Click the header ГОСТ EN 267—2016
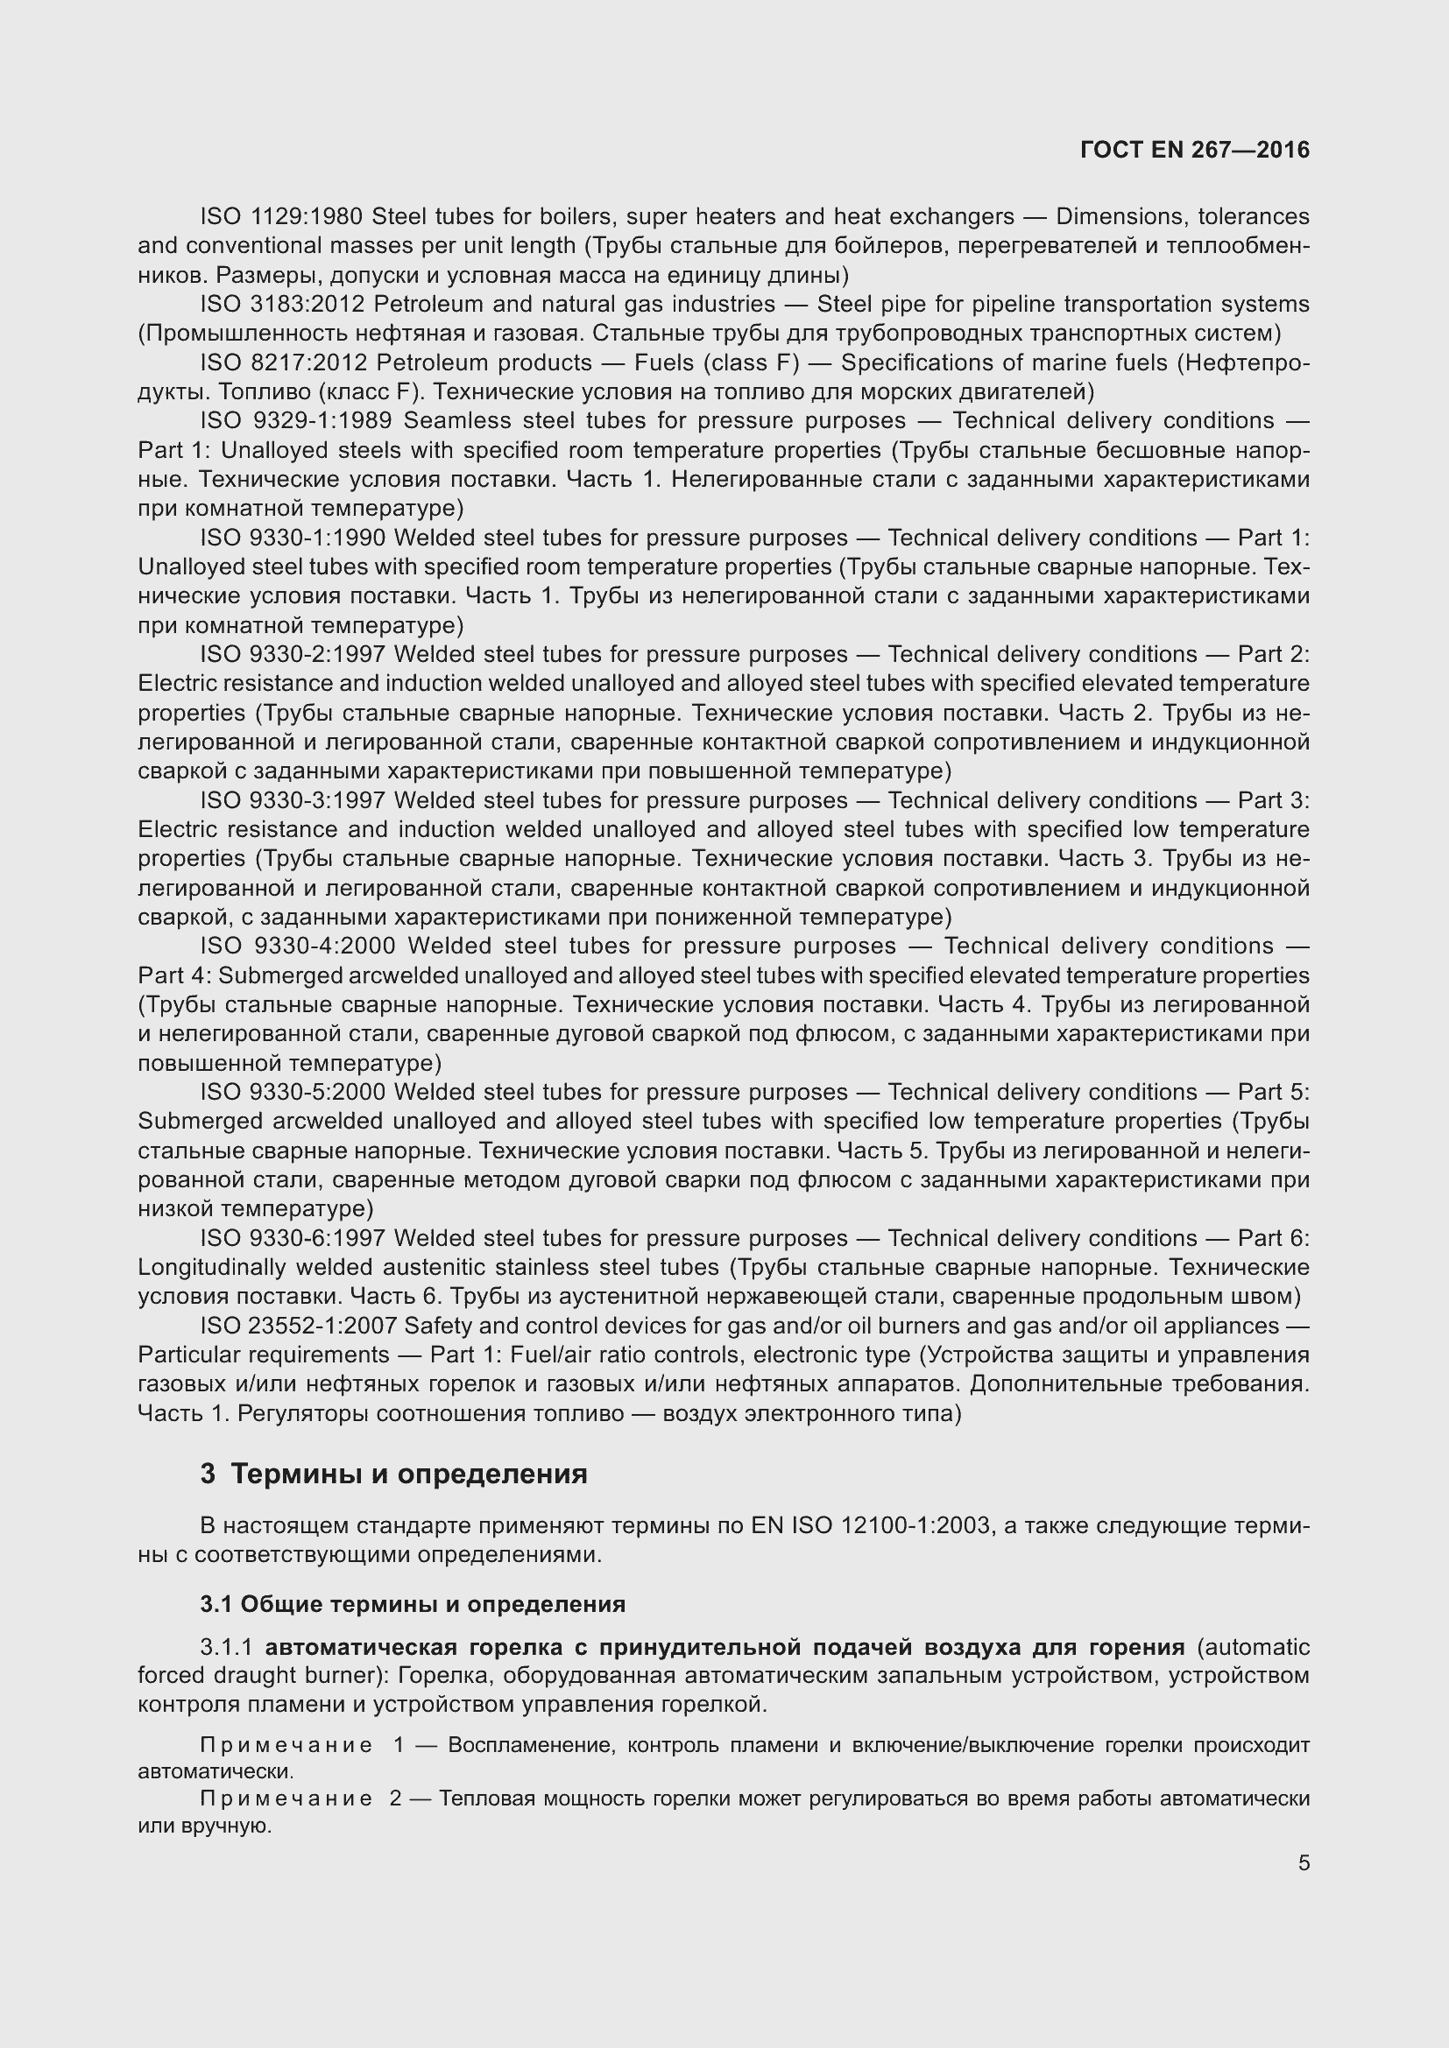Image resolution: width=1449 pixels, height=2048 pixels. click(x=1194, y=150)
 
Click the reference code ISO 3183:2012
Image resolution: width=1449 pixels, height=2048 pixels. click(x=282, y=304)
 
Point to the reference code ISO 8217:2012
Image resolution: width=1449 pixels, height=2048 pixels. click(x=282, y=363)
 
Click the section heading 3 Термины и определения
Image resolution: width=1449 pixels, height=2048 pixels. click(x=393, y=1474)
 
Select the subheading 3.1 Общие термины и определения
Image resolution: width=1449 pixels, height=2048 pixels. click(x=413, y=1605)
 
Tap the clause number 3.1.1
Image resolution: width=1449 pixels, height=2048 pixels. click(x=228, y=1647)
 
